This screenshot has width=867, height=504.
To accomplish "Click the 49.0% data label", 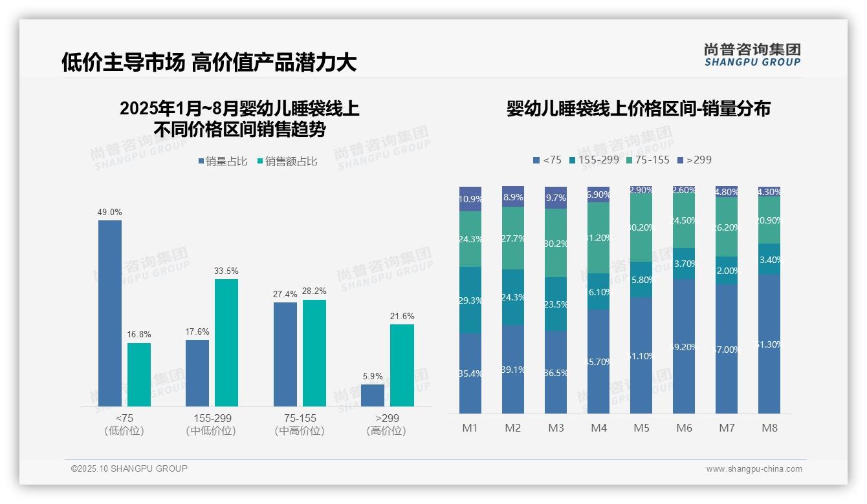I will (110, 212).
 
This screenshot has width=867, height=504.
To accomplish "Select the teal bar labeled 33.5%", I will (226, 342).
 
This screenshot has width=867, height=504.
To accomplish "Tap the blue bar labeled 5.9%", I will (373, 395).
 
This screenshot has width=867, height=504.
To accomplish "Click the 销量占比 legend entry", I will (223, 162).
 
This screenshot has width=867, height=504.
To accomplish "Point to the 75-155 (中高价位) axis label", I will (300, 425).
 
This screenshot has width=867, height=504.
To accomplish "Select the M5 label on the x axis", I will (641, 428).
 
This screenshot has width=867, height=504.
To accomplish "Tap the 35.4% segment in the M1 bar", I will (470, 373).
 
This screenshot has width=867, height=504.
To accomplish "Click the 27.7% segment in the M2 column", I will (513, 238).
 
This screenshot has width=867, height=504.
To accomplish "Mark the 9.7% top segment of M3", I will (556, 198).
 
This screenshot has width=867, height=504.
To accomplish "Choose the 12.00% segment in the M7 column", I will (727, 270).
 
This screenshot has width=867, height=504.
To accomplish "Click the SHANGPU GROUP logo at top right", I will (752, 55).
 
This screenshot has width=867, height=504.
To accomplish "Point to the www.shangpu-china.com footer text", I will (754, 469).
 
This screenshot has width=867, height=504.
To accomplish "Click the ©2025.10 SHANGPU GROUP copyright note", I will (129, 468).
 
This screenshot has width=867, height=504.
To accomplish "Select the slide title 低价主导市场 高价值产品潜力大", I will (209, 63).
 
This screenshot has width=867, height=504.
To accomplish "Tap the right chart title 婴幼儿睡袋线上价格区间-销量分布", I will (638, 109).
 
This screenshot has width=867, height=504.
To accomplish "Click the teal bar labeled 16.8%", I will (139, 375).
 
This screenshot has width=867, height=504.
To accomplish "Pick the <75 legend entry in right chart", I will (547, 160).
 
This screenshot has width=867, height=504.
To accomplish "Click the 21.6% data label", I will (402, 316).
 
